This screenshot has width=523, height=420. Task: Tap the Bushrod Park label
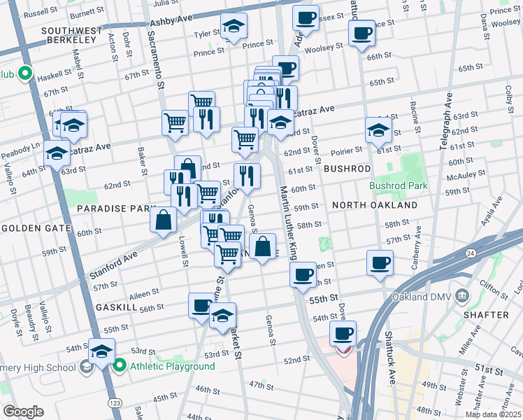(x=398, y=186)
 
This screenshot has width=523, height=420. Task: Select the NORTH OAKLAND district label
(x=375, y=205)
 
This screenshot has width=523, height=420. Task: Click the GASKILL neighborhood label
(x=120, y=307)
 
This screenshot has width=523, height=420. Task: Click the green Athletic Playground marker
(x=120, y=365)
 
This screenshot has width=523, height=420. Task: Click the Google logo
(x=24, y=412)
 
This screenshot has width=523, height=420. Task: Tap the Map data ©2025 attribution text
(x=493, y=414)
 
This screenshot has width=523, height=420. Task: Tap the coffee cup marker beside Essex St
(x=305, y=17)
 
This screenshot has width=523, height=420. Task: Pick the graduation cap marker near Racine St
(x=378, y=129)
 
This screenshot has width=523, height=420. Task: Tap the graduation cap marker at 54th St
(x=101, y=351)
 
